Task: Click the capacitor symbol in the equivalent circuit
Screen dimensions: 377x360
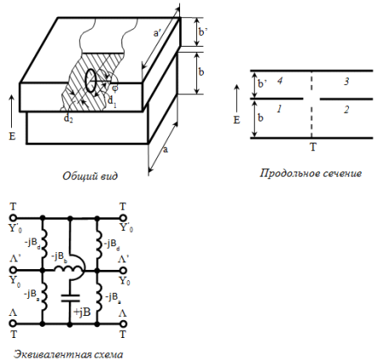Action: (x=70, y=298)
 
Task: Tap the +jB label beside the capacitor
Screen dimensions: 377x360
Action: (x=82, y=312)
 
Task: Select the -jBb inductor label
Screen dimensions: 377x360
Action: (x=60, y=257)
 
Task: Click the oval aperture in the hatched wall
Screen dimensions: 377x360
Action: (x=91, y=81)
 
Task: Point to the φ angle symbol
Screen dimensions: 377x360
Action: (x=115, y=88)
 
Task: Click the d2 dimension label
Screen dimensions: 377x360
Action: (x=67, y=118)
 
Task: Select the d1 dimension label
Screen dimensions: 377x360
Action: (x=112, y=100)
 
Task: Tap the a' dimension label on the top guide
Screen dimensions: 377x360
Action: (x=157, y=33)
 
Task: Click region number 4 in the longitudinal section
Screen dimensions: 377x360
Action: (x=279, y=81)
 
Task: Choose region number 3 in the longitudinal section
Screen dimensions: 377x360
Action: (x=346, y=82)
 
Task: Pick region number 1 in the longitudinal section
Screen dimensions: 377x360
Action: (x=279, y=109)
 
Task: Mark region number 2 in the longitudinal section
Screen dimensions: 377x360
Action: (x=346, y=110)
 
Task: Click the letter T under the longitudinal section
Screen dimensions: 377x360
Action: (x=312, y=147)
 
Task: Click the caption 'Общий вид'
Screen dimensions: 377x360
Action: (x=90, y=176)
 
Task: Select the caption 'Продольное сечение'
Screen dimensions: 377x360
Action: (x=311, y=173)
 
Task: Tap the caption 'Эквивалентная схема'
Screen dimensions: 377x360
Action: (x=69, y=354)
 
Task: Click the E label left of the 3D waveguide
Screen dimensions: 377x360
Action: (x=12, y=137)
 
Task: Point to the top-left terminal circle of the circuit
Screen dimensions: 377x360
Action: (x=13, y=218)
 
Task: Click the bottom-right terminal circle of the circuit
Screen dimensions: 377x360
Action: (x=123, y=323)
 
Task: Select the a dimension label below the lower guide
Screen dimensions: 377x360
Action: (x=166, y=149)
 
